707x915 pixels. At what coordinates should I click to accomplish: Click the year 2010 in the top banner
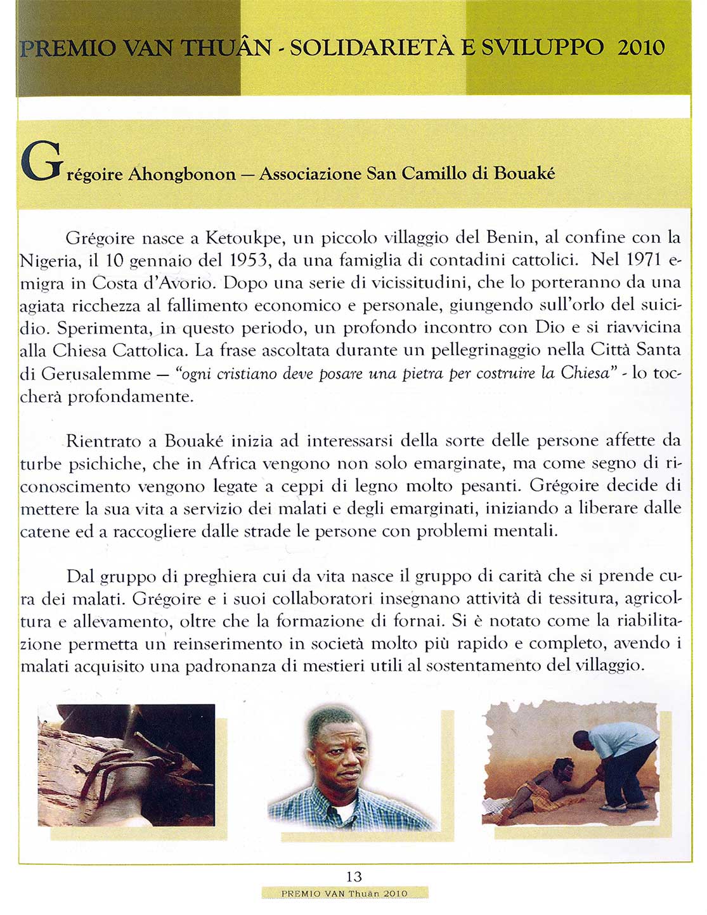[640, 48]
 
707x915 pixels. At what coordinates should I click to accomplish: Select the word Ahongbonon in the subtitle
[181, 174]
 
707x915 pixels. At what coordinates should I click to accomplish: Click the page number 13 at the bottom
[354, 877]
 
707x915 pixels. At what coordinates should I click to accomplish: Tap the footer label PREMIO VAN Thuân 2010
[344, 893]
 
